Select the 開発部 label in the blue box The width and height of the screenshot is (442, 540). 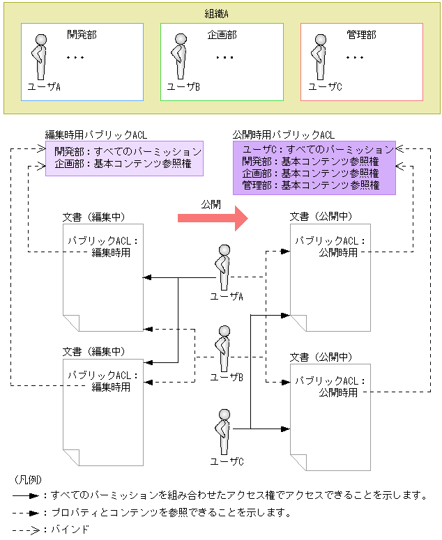(82, 34)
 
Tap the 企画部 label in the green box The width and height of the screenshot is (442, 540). (222, 34)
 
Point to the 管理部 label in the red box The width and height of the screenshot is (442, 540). (361, 34)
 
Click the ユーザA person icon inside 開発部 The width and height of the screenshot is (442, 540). (41, 57)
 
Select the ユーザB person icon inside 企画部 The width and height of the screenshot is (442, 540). (181, 57)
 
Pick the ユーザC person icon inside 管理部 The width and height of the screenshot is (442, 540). (320, 57)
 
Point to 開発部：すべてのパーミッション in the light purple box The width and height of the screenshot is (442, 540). (128, 151)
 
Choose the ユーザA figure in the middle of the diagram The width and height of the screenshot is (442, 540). (224, 267)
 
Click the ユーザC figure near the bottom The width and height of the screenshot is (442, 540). (224, 432)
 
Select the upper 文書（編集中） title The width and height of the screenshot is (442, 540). (94, 217)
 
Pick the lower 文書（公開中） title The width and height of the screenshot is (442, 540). (321, 357)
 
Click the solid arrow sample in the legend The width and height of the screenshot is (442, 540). (26, 496)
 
